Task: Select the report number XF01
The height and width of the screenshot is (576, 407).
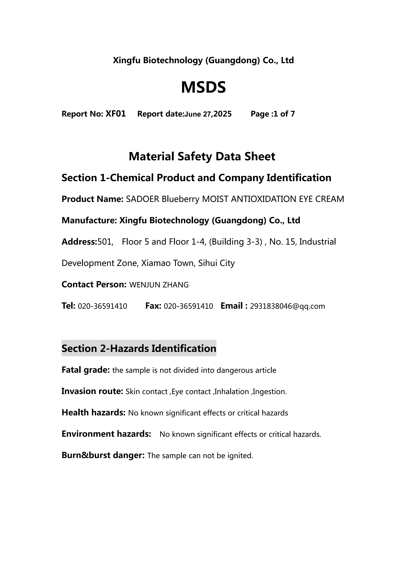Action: click(115, 114)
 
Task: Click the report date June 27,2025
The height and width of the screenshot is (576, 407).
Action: click(208, 114)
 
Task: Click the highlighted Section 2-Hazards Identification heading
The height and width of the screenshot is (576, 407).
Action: click(139, 348)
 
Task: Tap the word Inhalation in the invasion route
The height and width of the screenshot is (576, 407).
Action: click(232, 392)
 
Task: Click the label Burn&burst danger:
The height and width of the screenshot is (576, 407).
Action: click(103, 455)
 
